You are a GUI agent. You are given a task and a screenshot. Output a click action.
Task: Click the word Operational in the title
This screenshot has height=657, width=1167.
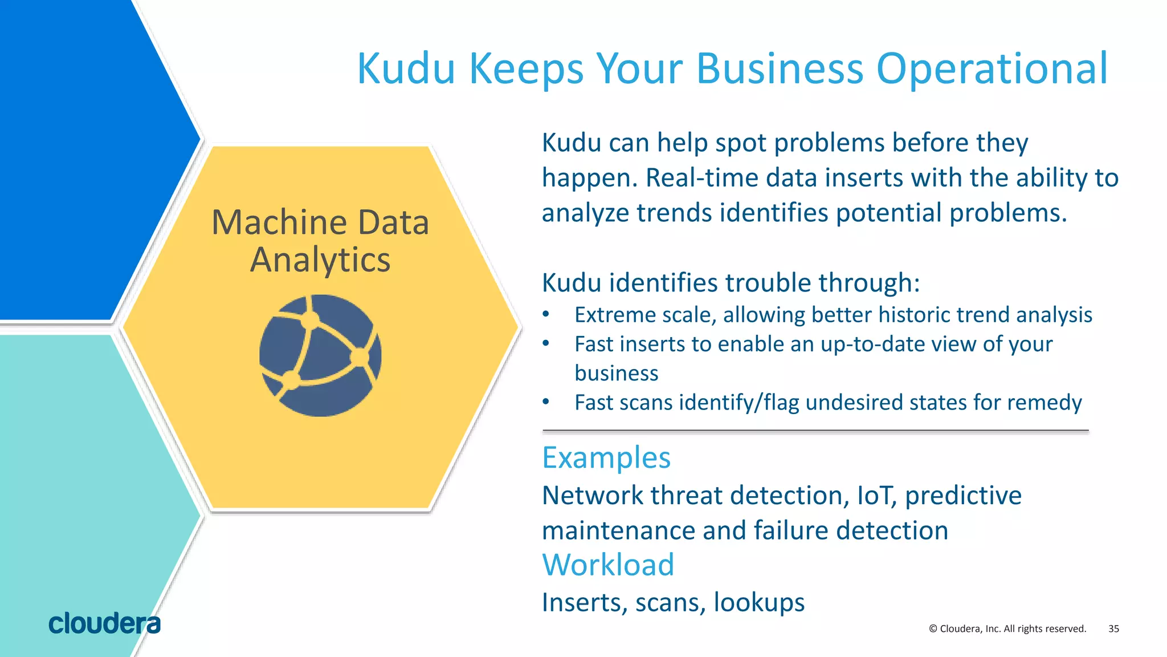pos(991,68)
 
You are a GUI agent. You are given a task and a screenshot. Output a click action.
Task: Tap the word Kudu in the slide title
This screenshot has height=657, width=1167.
pos(406,68)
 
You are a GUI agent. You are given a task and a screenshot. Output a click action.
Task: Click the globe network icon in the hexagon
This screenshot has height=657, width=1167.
pos(320,355)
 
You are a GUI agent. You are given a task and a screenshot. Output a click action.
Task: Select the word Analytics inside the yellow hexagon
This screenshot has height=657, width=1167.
pos(320,260)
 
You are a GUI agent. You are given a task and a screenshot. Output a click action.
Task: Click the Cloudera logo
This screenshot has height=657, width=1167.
pos(104,623)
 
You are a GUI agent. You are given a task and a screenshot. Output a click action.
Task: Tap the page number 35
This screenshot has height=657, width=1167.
pos(1113,628)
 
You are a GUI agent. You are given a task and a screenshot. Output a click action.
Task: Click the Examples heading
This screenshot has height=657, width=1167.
pos(606,457)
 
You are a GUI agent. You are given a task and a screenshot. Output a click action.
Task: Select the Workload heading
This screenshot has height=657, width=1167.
pos(608,565)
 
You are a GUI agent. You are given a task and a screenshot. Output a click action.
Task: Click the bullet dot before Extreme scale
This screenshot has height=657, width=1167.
pos(546,314)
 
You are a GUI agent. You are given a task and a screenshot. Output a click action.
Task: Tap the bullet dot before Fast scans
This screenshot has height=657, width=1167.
pos(546,402)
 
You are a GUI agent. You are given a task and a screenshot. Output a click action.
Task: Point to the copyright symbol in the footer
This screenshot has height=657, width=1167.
pos(933,628)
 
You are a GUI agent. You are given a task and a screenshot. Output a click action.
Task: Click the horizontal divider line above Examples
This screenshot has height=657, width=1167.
pos(815,431)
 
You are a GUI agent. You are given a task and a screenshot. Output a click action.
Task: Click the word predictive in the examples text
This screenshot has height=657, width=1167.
pos(963,495)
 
